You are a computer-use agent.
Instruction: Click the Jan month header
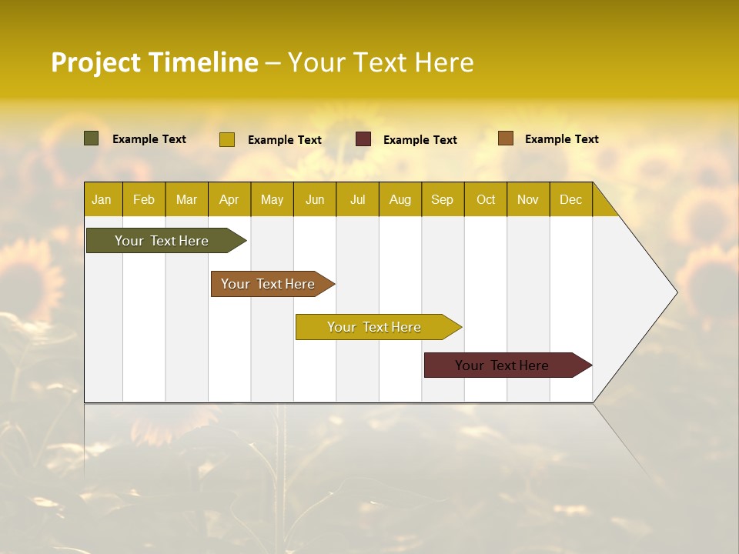tap(102, 199)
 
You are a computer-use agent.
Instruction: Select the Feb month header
tap(144, 199)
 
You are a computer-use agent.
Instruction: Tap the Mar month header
tap(186, 199)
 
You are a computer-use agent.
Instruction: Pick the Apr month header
tap(229, 199)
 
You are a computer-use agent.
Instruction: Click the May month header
tap(272, 199)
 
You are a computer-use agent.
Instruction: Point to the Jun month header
tap(315, 199)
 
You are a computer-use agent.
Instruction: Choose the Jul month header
tap(357, 199)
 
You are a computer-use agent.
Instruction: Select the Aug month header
tap(400, 199)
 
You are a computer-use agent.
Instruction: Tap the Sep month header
tap(443, 199)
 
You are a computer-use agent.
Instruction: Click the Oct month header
tap(486, 199)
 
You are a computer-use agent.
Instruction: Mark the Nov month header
tap(528, 199)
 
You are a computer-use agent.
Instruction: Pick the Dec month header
tap(571, 199)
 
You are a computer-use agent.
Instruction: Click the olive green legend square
tap(92, 138)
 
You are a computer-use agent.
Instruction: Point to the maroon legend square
tap(363, 139)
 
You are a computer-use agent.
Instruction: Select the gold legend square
tap(227, 139)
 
